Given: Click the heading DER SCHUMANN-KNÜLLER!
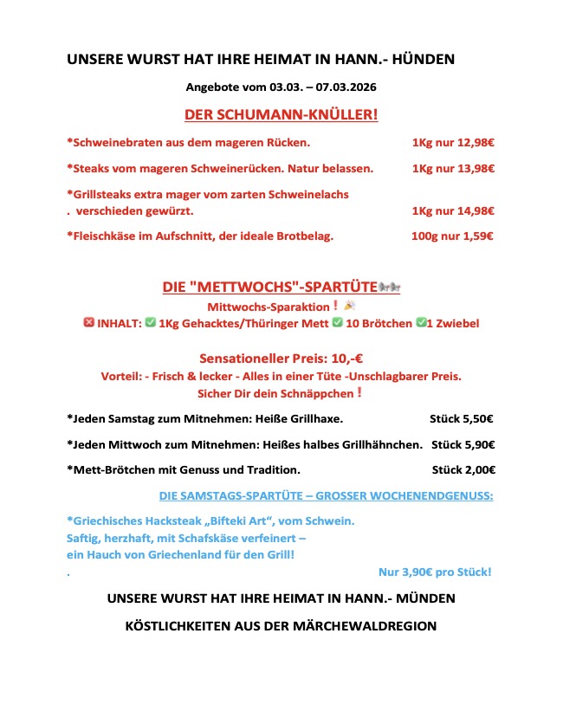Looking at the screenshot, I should pyautogui.click(x=281, y=114).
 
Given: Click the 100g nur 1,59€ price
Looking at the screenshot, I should pyautogui.click(x=452, y=235).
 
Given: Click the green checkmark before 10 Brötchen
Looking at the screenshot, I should pyautogui.click(x=339, y=323).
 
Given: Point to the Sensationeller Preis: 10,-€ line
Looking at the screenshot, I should pyautogui.click(x=281, y=358).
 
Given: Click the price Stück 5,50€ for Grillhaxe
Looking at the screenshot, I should pyautogui.click(x=462, y=419).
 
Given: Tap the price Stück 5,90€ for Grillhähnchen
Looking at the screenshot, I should pyautogui.click(x=463, y=444).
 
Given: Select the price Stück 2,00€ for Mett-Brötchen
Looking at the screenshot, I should pyautogui.click(x=463, y=469).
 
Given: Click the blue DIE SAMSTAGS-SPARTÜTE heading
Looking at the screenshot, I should pyautogui.click(x=327, y=495).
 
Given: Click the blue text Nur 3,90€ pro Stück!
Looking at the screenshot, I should pyautogui.click(x=435, y=572).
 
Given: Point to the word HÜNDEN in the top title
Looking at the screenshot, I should pyautogui.click(x=424, y=60).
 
